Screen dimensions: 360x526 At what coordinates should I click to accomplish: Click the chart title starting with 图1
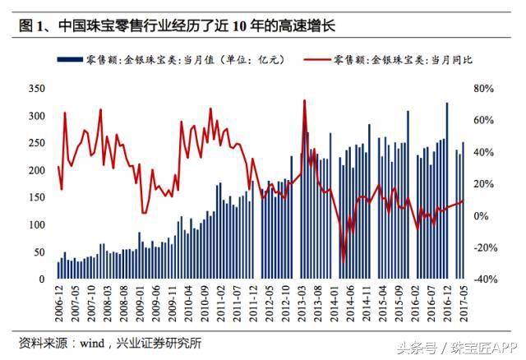coord(177,27)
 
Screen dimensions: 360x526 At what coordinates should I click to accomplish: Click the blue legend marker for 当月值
coord(68,61)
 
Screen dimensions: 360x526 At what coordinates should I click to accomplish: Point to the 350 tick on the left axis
coord(35,88)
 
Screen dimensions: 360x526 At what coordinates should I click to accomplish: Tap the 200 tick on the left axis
coord(35,170)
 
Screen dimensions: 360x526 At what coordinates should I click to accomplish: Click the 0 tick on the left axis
coord(42,279)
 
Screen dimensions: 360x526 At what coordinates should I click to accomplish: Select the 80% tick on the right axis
coord(484,88)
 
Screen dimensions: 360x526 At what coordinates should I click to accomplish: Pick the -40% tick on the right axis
coord(486,279)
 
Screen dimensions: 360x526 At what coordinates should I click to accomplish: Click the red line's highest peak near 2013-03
coord(304,101)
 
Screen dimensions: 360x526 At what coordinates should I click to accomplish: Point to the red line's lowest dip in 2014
coord(344,261)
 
